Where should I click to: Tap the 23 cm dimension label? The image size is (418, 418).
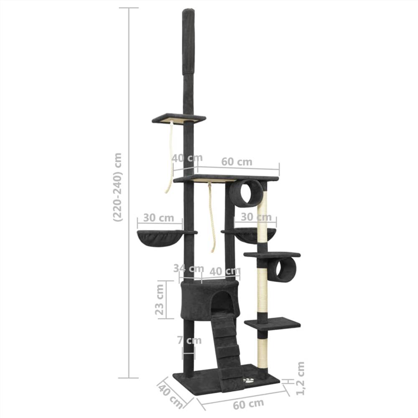(159, 299)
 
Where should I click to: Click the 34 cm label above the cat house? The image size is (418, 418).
(189, 268)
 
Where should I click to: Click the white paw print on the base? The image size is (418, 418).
(249, 381)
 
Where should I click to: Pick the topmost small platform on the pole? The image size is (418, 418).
(178, 119)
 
